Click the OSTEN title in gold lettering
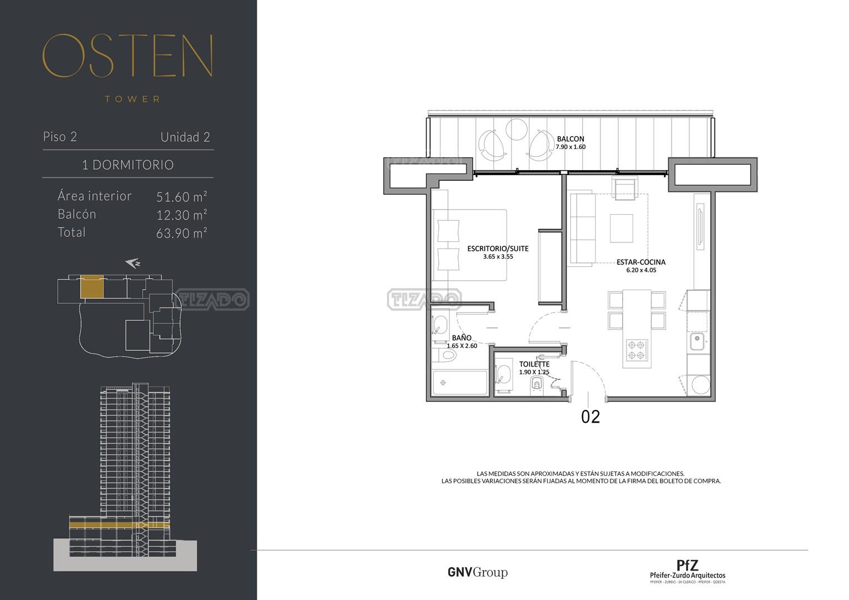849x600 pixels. pos(128,56)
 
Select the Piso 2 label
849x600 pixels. pos(60,137)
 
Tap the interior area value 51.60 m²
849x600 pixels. pos(182,197)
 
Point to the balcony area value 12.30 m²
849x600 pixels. pos(182,215)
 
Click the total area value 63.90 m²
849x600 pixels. pos(182,233)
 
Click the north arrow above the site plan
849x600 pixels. pos(133,263)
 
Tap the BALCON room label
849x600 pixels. pos(570,138)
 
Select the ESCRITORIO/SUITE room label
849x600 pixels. pos(498,249)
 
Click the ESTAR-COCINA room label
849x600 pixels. pos(641,262)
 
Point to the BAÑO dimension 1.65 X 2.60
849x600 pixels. pos(461,346)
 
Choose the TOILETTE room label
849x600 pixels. pos(534,364)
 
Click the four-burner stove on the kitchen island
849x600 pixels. pos(637,350)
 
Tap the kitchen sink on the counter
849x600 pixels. pos(697,341)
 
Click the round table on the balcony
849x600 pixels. pos(516,130)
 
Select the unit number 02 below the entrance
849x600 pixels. pos(590,417)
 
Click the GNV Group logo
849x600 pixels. pos(478,572)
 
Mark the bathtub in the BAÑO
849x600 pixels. pos(460,383)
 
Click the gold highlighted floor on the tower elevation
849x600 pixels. pos(120,524)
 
